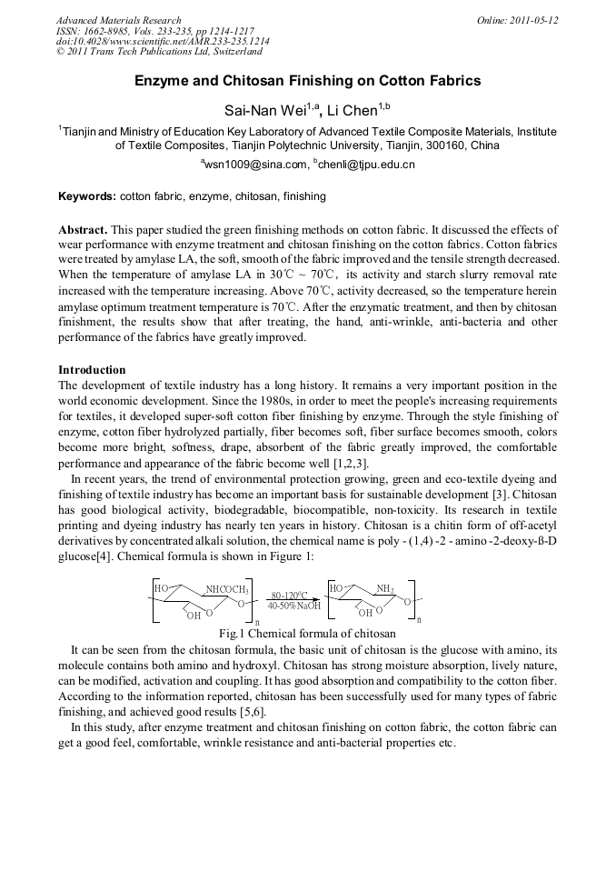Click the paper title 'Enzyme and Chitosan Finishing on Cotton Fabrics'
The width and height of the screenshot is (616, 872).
coord(308,81)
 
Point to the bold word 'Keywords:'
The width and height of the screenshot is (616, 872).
coord(87,195)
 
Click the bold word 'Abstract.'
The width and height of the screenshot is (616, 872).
coord(83,230)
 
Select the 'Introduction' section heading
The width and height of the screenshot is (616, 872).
coord(92,370)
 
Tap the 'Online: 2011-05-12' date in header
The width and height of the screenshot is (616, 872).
coord(517,20)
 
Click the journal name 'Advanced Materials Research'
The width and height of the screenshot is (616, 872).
coord(119,20)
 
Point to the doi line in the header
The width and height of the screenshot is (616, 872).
coord(163,42)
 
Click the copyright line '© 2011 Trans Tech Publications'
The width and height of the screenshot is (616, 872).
coord(159,53)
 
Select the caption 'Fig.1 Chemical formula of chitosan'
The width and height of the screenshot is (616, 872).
coord(307,633)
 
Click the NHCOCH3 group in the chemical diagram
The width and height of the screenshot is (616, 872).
coord(226,589)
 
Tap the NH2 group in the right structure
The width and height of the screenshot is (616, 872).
coord(384,589)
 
